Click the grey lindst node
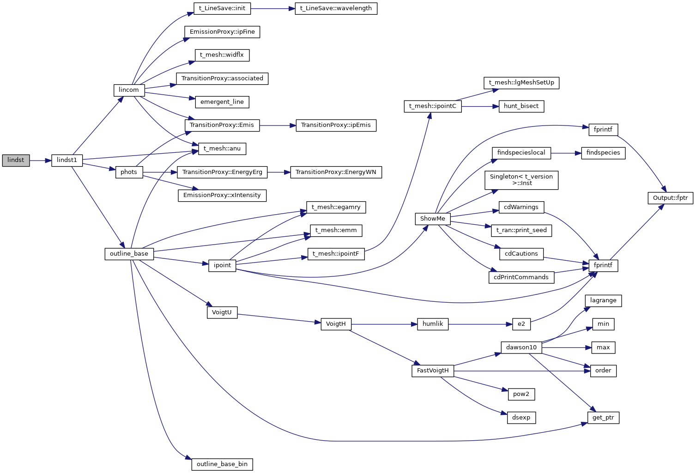(x=16, y=160)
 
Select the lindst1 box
(x=67, y=160)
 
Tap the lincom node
(x=129, y=90)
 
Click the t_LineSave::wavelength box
(x=336, y=8)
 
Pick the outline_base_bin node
(x=222, y=464)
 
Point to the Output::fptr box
(x=670, y=198)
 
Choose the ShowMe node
(x=433, y=219)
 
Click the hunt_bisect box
(x=521, y=106)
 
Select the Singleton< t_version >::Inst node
(x=521, y=180)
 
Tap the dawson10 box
(x=521, y=347)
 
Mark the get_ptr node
(x=603, y=418)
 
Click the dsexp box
(x=521, y=418)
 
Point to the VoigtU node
(x=222, y=312)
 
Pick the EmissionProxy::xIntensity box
(x=222, y=195)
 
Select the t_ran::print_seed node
(x=521, y=230)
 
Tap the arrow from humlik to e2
(x=480, y=324)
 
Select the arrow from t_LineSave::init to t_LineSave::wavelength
(x=273, y=8)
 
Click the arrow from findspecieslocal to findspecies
(x=566, y=153)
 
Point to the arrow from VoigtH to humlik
(x=384, y=324)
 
